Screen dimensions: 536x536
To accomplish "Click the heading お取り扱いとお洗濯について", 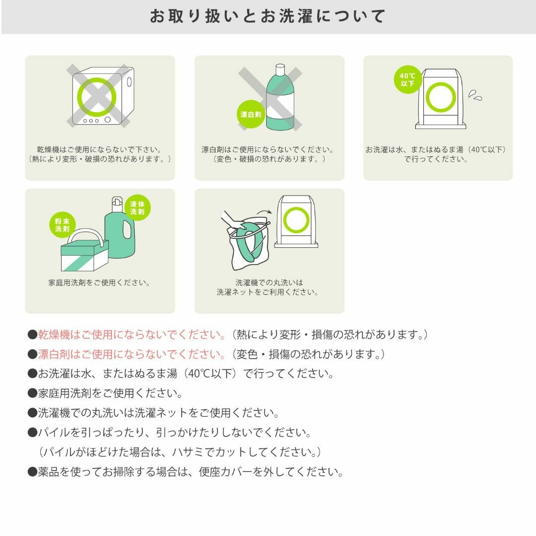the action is (x=268, y=16).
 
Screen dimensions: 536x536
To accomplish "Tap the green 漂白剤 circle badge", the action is (x=251, y=114).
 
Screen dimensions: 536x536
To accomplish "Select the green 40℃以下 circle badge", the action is (x=407, y=79).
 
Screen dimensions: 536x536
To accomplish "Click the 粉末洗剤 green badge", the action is (x=62, y=225).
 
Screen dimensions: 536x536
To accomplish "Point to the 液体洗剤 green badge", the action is (x=137, y=207).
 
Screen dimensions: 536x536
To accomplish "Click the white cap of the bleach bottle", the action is (x=280, y=70).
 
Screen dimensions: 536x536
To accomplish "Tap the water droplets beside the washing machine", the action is (x=475, y=95).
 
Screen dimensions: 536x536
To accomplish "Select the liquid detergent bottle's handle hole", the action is (x=127, y=230).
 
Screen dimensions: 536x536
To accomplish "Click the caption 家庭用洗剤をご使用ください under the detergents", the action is (x=99, y=283).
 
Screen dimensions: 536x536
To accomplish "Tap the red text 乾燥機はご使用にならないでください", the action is (x=132, y=335).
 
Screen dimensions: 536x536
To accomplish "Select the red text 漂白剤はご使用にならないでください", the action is (x=132, y=354).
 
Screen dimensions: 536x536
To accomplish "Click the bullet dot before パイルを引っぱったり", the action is (x=32, y=433).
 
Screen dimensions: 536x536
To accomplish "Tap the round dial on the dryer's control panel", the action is (x=108, y=120).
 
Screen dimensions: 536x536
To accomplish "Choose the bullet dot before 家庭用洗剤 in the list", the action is (x=32, y=394).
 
